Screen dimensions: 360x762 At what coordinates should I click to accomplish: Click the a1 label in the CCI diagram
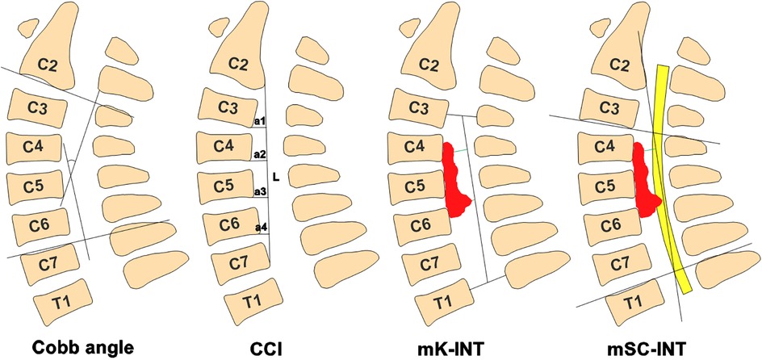coord(260,121)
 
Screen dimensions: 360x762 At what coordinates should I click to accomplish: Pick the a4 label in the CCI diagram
coord(260,228)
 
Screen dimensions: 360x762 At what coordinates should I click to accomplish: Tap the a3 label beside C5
coord(260,191)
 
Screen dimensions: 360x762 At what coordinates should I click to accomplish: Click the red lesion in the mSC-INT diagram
coord(643,182)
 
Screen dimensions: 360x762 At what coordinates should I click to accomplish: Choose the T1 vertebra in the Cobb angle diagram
coord(62,300)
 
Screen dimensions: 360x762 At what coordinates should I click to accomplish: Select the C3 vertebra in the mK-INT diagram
coord(417,107)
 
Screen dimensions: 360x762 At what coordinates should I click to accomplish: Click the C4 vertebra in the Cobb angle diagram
coord(29,147)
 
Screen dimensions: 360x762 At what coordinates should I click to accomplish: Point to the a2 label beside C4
coord(260,154)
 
